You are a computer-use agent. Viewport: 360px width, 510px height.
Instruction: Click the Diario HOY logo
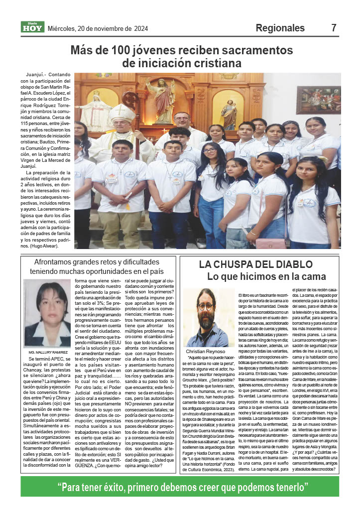32,27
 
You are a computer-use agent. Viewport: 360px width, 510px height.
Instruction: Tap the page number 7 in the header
334,28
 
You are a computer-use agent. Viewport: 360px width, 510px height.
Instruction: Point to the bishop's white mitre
122,114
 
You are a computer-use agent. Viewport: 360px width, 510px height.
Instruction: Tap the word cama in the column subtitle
299,276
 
